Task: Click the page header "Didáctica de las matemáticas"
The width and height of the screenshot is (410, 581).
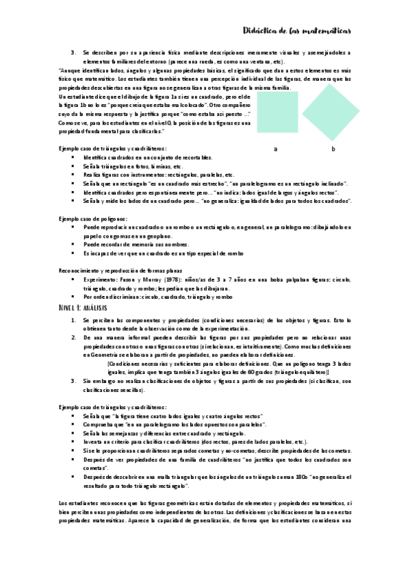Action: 297,31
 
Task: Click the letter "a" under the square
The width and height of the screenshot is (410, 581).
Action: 275,149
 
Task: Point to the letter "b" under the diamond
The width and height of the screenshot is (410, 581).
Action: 333,149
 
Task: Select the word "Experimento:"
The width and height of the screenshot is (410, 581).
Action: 101,280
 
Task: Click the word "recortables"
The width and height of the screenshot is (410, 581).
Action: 197,158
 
